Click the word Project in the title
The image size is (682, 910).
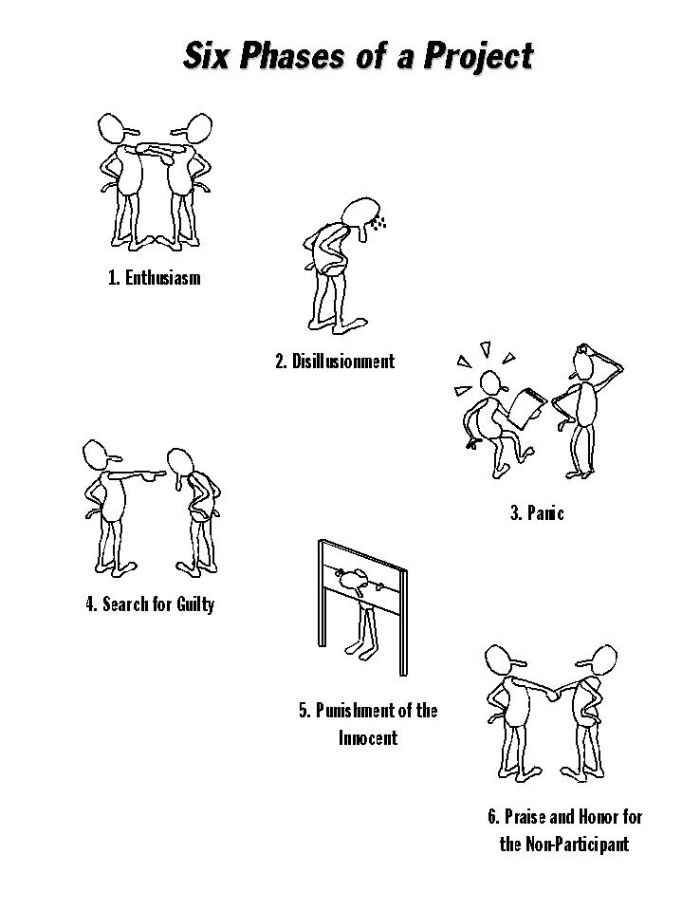pos(478,57)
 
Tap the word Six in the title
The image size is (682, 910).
pos(207,56)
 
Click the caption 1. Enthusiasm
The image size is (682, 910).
pos(155,277)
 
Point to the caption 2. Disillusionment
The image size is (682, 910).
pos(335,361)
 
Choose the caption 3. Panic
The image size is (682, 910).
pos(537,513)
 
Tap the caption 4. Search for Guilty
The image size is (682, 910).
pos(150,604)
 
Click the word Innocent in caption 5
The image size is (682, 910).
pos(368,738)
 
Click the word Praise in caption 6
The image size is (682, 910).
pos(525,817)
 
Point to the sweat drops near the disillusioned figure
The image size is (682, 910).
pos(378,222)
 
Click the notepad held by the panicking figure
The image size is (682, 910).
pos(527,408)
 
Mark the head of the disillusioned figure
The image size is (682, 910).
pos(360,214)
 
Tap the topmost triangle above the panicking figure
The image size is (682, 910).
pos(486,350)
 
